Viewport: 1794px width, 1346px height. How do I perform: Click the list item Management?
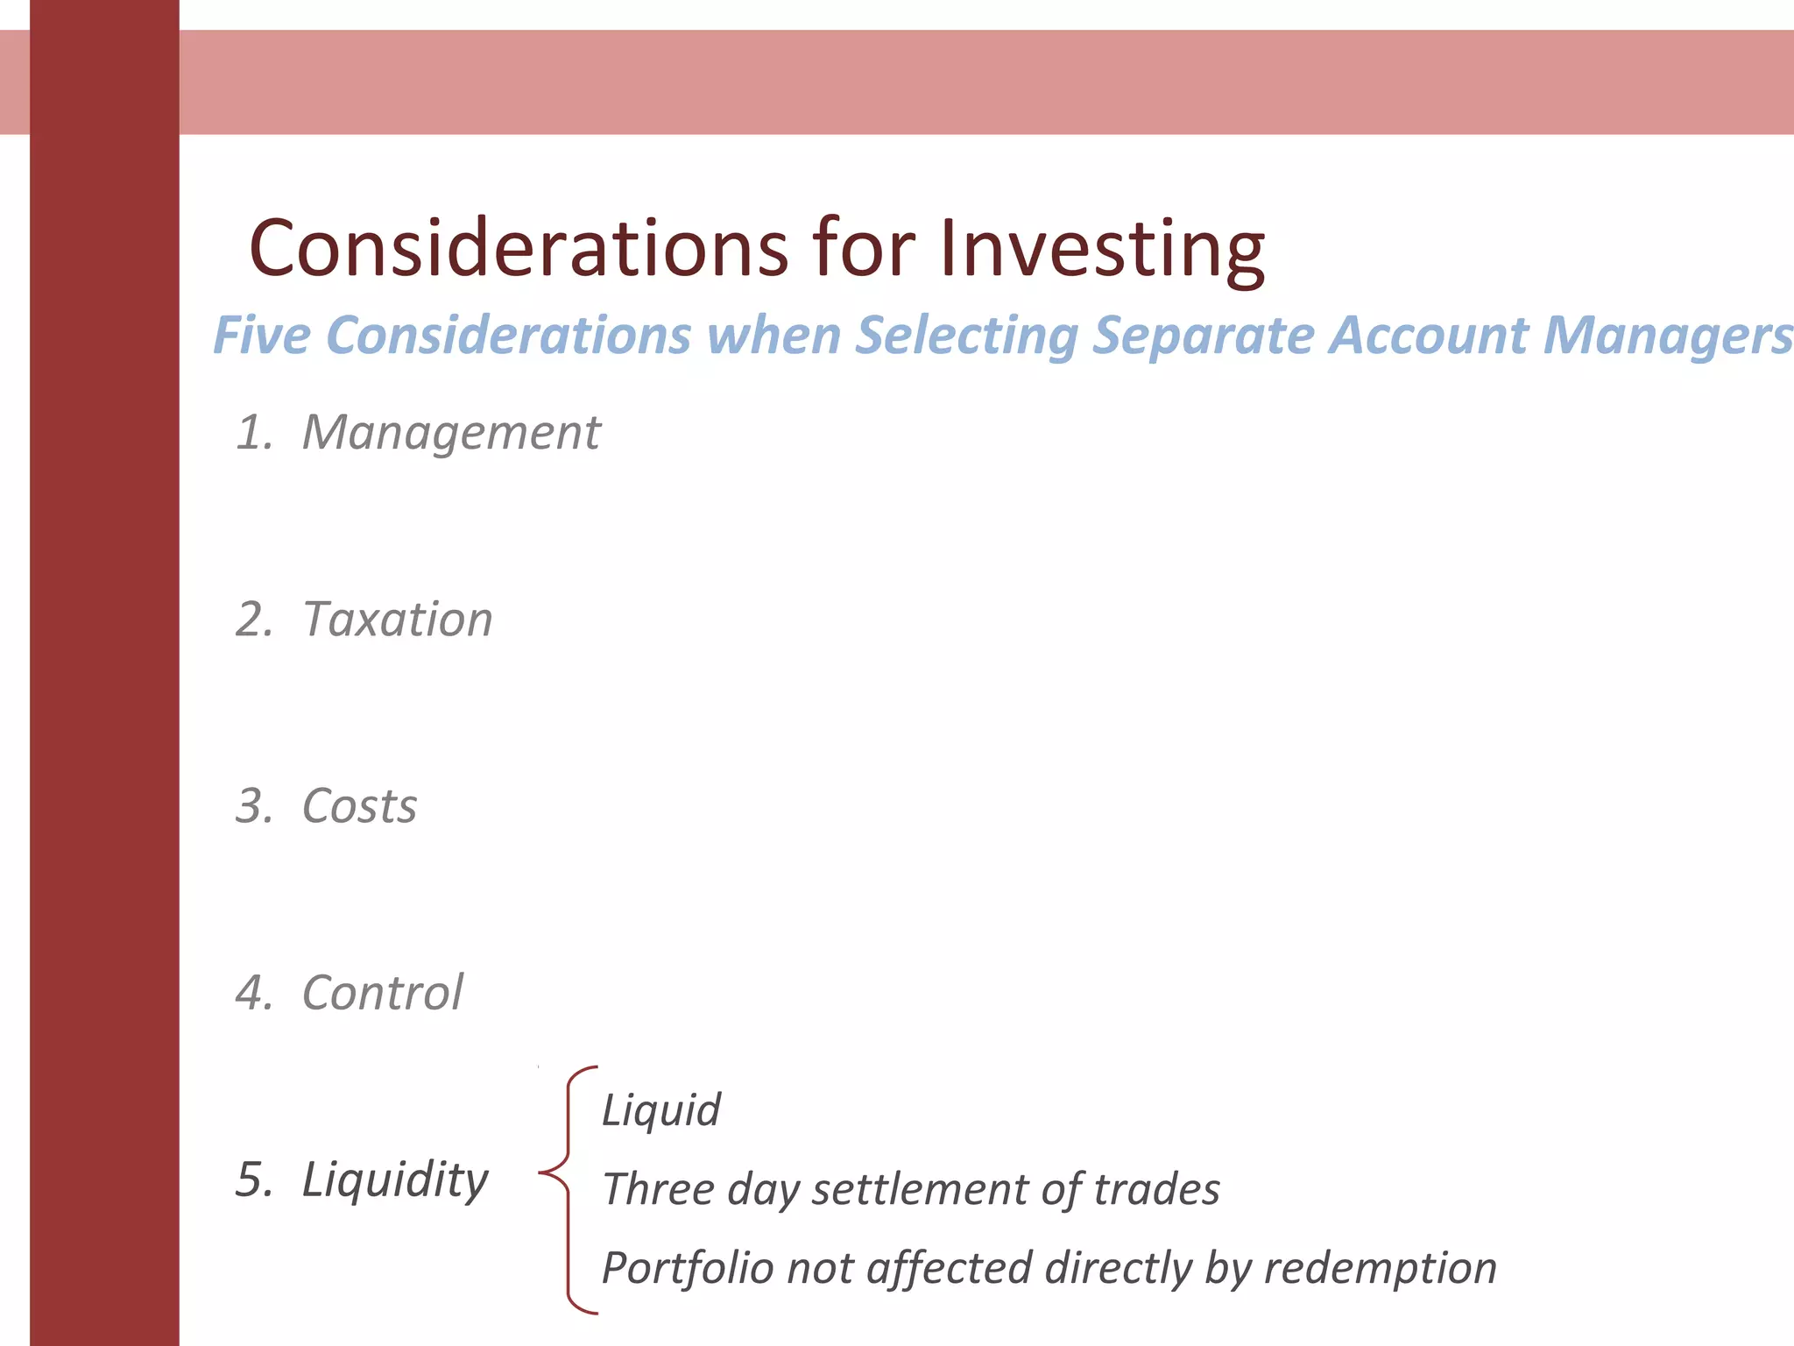point(451,433)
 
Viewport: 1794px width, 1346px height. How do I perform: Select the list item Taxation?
point(398,620)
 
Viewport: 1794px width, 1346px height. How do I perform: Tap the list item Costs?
point(359,806)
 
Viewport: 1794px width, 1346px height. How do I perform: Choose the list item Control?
point(382,993)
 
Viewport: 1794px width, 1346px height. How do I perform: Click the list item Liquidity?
point(395,1180)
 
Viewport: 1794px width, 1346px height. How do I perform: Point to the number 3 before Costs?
point(251,806)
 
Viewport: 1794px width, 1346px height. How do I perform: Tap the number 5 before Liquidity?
point(251,1180)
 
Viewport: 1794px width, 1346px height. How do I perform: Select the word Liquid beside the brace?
point(661,1111)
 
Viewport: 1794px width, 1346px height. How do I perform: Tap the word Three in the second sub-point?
point(659,1190)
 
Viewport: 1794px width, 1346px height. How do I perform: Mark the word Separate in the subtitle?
point(1203,336)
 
